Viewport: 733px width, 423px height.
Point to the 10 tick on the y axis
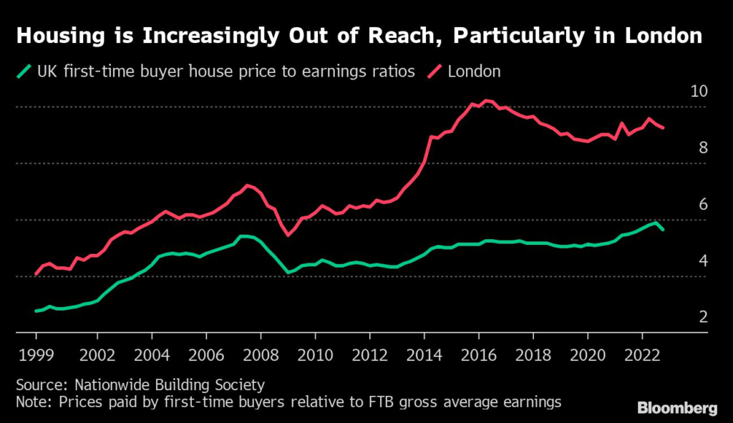699,92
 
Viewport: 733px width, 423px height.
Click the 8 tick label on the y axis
704,148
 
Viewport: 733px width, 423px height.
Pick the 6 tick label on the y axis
704,205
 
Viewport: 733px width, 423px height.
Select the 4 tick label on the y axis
704,261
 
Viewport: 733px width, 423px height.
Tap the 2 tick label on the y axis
704,317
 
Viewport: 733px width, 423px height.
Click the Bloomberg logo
677,409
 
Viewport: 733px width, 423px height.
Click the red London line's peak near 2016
487,101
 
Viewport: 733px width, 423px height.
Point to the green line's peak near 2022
654,223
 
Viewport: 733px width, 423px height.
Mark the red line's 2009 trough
288,234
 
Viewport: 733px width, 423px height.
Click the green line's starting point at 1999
36,311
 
